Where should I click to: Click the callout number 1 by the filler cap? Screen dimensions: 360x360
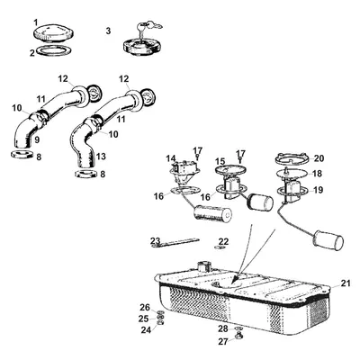36,22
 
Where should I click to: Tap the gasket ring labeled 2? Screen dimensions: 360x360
54,51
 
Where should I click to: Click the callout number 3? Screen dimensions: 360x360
108,31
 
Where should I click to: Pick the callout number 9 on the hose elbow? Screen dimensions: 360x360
37,139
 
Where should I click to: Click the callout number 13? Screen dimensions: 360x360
101,157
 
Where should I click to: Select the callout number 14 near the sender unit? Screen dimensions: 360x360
171,157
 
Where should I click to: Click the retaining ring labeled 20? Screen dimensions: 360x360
292,159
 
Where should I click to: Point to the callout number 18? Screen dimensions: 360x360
317,174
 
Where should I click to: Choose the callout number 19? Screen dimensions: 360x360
318,190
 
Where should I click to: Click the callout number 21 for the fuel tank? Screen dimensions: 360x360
346,283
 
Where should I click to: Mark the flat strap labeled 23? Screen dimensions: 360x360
175,243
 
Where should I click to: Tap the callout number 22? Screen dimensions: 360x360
223,241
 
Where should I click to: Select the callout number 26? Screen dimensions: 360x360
145,308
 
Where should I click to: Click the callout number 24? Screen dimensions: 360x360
147,330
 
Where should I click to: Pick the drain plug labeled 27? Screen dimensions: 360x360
238,336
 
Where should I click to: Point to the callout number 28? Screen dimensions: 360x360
223,328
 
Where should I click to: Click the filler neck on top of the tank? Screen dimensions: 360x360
204,266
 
